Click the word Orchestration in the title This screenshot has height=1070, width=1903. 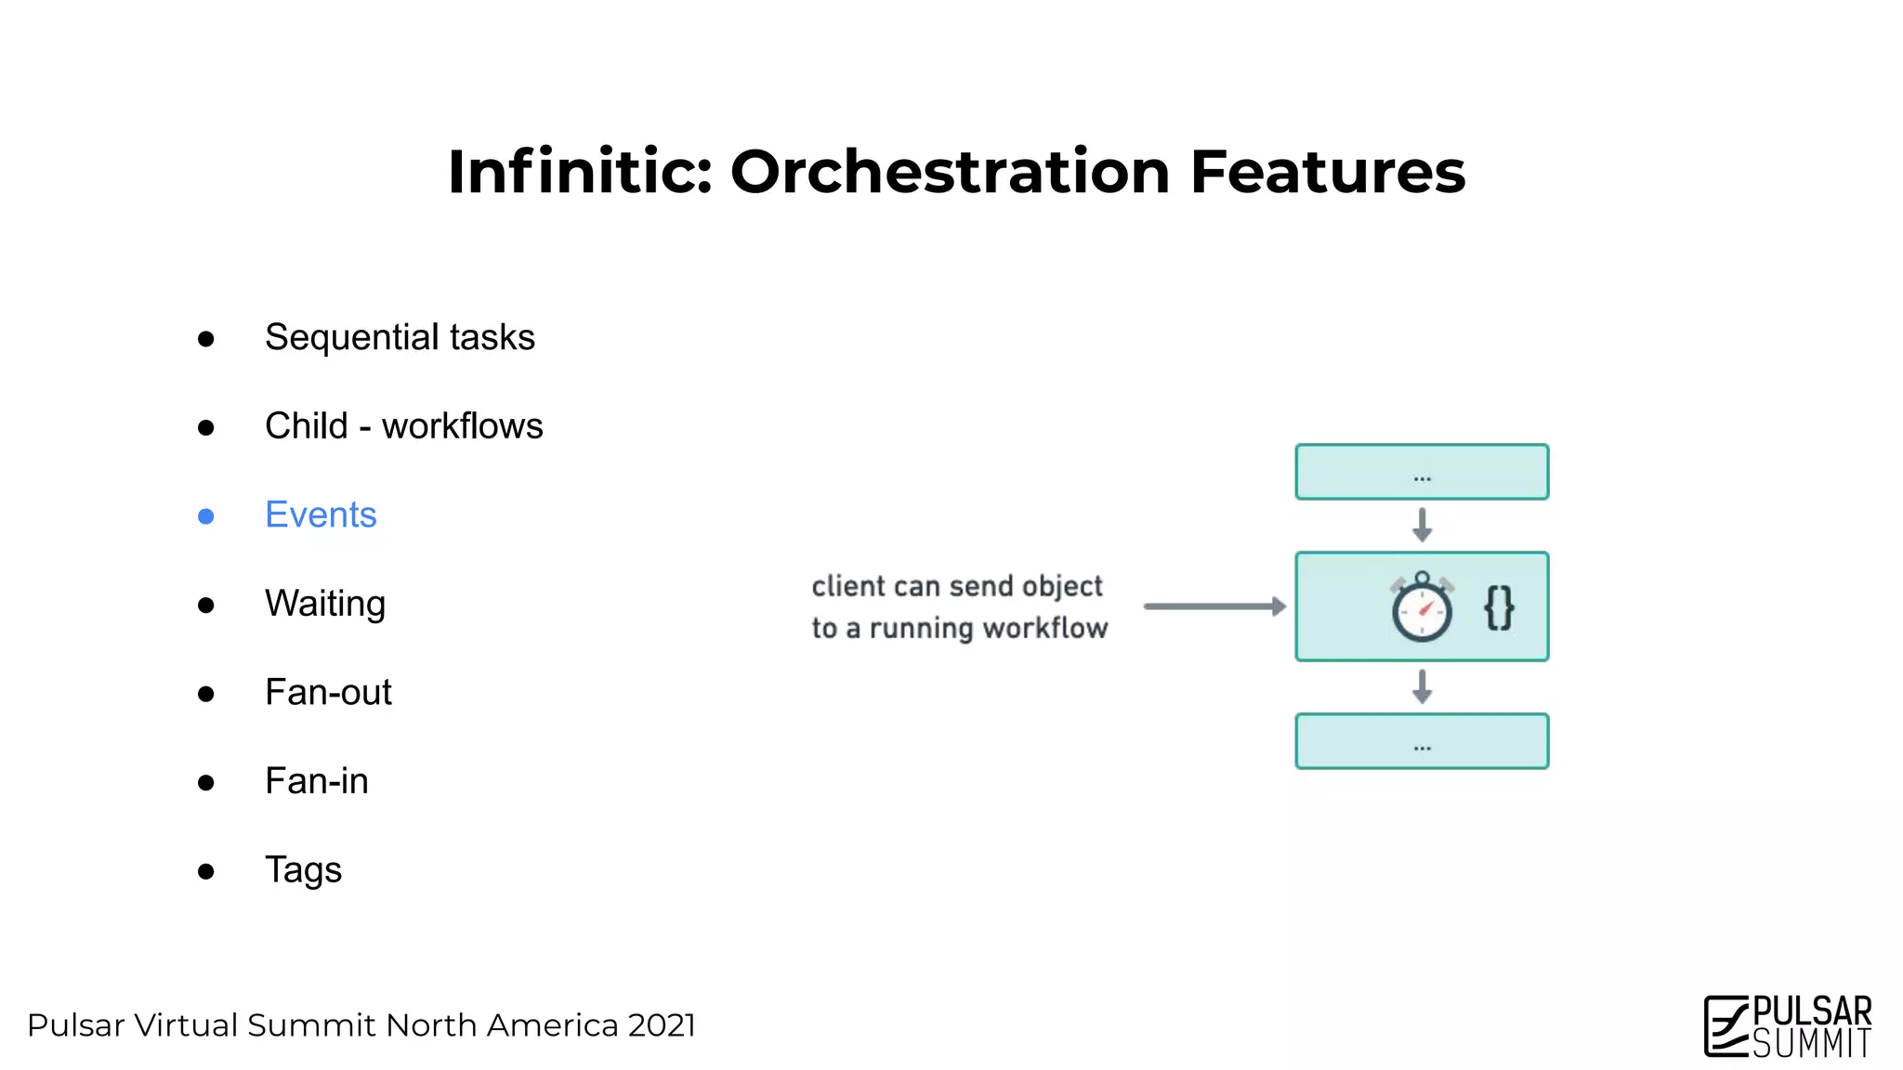pyautogui.click(x=950, y=173)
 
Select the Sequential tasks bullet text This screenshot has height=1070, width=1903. pyautogui.click(x=400, y=337)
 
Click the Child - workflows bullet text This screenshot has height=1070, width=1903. pyautogui.click(x=403, y=426)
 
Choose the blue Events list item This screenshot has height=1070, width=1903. pyautogui.click(x=321, y=515)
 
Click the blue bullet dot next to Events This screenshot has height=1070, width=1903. pyautogui.click(x=206, y=516)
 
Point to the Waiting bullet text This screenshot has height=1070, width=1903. pyautogui.click(x=324, y=604)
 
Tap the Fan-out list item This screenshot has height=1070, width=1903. pyautogui.click(x=328, y=693)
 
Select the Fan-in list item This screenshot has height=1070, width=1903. pyautogui.click(x=316, y=781)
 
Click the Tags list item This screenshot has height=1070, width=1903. pyautogui.click(x=303, y=870)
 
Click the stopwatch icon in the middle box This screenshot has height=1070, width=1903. pyautogui.click(x=1422, y=607)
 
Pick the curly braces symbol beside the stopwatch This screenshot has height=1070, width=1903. pyautogui.click(x=1499, y=608)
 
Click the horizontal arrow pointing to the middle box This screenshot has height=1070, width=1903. pyautogui.click(x=1214, y=607)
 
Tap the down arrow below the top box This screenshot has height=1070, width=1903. pyautogui.click(x=1422, y=525)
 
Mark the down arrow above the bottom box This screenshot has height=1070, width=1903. pyautogui.click(x=1422, y=686)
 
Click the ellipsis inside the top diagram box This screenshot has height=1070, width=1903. pyautogui.click(x=1422, y=478)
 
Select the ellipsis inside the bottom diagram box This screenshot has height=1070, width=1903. pyautogui.click(x=1422, y=747)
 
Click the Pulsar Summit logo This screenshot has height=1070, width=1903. pyautogui.click(x=1788, y=1026)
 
